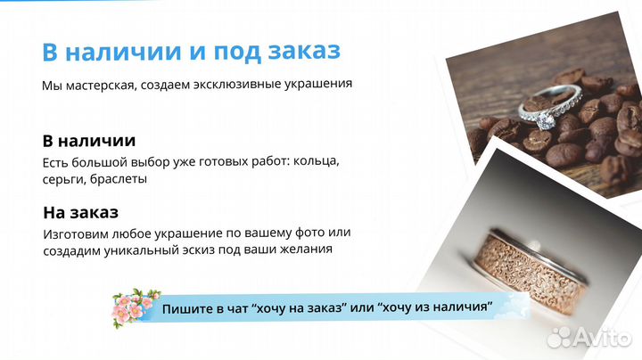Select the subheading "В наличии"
click(x=88, y=141)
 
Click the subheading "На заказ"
click(x=80, y=213)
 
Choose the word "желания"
click(x=305, y=250)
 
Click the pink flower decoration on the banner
click(x=134, y=306)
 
